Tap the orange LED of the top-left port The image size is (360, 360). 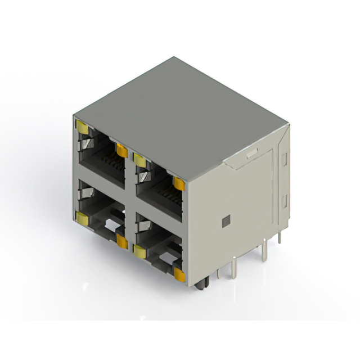pos(121,150)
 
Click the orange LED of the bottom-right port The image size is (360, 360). pos(179,274)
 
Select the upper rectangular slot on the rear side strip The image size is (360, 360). pos(284,159)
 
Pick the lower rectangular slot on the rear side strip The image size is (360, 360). pos(284,201)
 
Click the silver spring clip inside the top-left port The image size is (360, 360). pos(85,146)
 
